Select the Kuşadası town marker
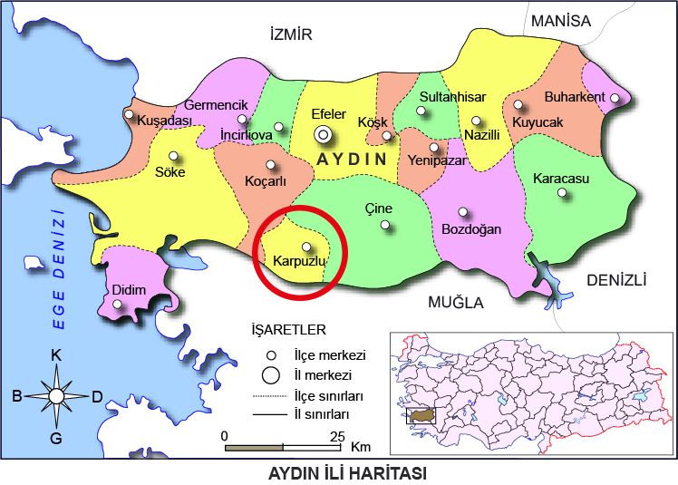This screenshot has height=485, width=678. click(130, 115)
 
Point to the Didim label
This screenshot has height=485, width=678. click(129, 290)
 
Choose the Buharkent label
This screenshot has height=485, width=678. click(575, 97)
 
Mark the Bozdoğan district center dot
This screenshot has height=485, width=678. click(463, 212)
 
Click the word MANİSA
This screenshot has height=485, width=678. click(560, 21)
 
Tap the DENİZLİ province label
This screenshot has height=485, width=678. click(615, 280)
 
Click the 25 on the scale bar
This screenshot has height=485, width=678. click(337, 436)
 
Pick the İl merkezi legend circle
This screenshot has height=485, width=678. click(270, 374)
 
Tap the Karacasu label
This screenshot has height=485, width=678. click(561, 179)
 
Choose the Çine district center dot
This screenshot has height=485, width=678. click(386, 225)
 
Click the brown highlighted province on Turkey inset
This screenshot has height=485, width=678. click(422, 414)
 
